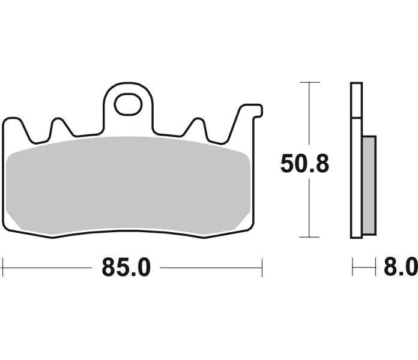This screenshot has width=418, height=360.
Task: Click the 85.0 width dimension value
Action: (126, 268)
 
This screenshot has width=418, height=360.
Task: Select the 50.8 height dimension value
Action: (304, 163)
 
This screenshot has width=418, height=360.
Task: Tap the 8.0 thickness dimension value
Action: (401, 267)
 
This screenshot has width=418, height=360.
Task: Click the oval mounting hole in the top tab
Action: (128, 104)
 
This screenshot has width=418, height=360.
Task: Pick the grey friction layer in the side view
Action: (369, 185)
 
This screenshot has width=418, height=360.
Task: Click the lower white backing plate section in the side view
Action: (356, 178)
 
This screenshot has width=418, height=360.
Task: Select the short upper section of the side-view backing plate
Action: (356, 100)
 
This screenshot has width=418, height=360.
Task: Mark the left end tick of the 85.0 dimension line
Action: (2, 268)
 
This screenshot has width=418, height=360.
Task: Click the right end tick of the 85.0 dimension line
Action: (262, 268)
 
